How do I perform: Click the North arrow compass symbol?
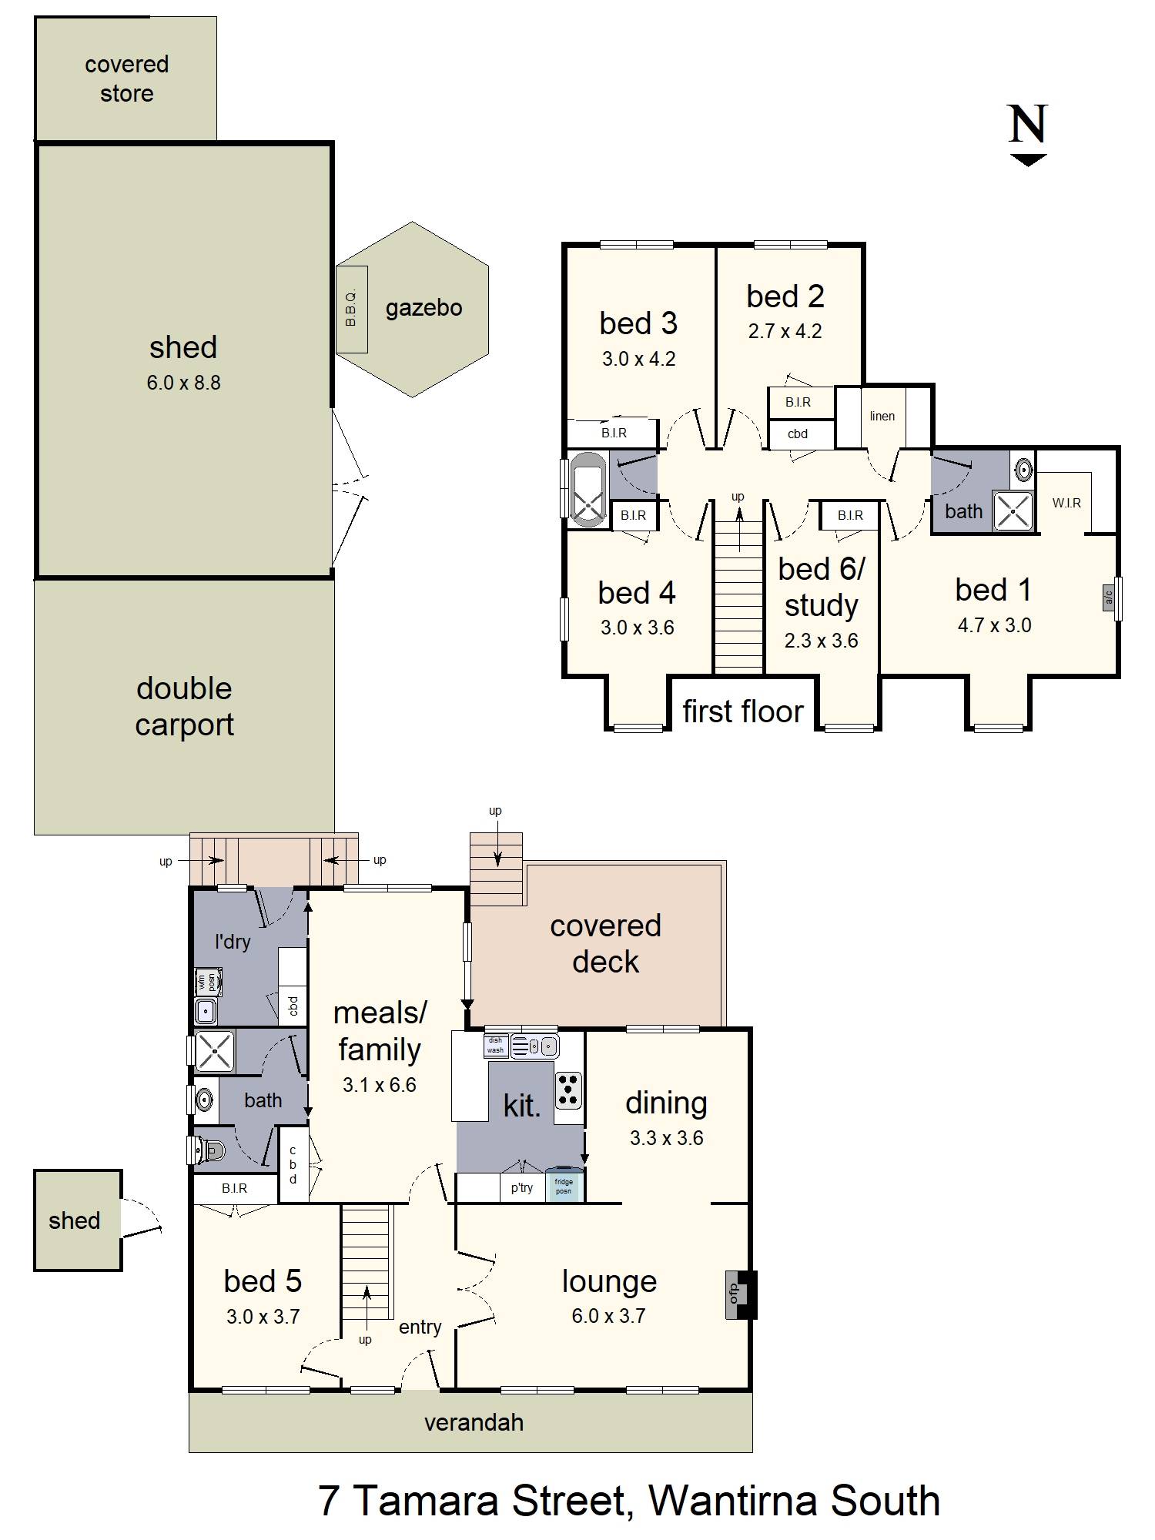[1028, 136]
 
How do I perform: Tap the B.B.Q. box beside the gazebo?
[352, 309]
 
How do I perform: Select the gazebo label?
[423, 308]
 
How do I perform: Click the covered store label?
[126, 79]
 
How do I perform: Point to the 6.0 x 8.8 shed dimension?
[183, 383]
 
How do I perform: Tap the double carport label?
[184, 706]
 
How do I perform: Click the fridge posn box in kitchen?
[564, 1186]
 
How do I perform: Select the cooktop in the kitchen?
[569, 1090]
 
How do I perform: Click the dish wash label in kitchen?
[495, 1045]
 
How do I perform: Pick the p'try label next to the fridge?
[522, 1187]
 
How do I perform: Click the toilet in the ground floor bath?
[208, 1150]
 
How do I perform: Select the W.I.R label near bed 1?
[1066, 503]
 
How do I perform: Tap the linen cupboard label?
[882, 416]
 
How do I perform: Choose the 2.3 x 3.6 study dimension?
[821, 641]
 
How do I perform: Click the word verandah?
[474, 1422]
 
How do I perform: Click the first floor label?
[743, 711]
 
